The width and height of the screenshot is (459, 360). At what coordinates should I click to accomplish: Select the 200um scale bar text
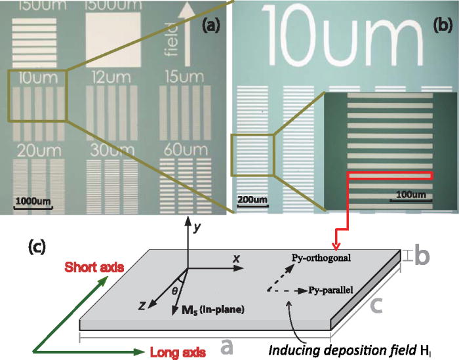(252, 199)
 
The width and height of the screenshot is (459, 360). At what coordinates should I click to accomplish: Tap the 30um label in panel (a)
(109, 152)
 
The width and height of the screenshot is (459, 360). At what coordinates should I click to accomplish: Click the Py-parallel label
(334, 289)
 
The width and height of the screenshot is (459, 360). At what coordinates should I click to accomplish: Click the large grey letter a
(226, 346)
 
